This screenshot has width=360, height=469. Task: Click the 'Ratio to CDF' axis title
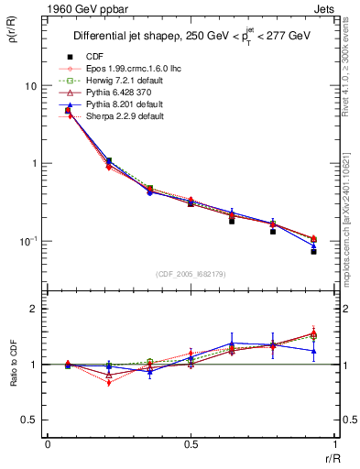tap(14, 365)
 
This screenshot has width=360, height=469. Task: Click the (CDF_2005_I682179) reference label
tap(191, 275)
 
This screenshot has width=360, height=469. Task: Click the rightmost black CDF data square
tap(313, 251)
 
